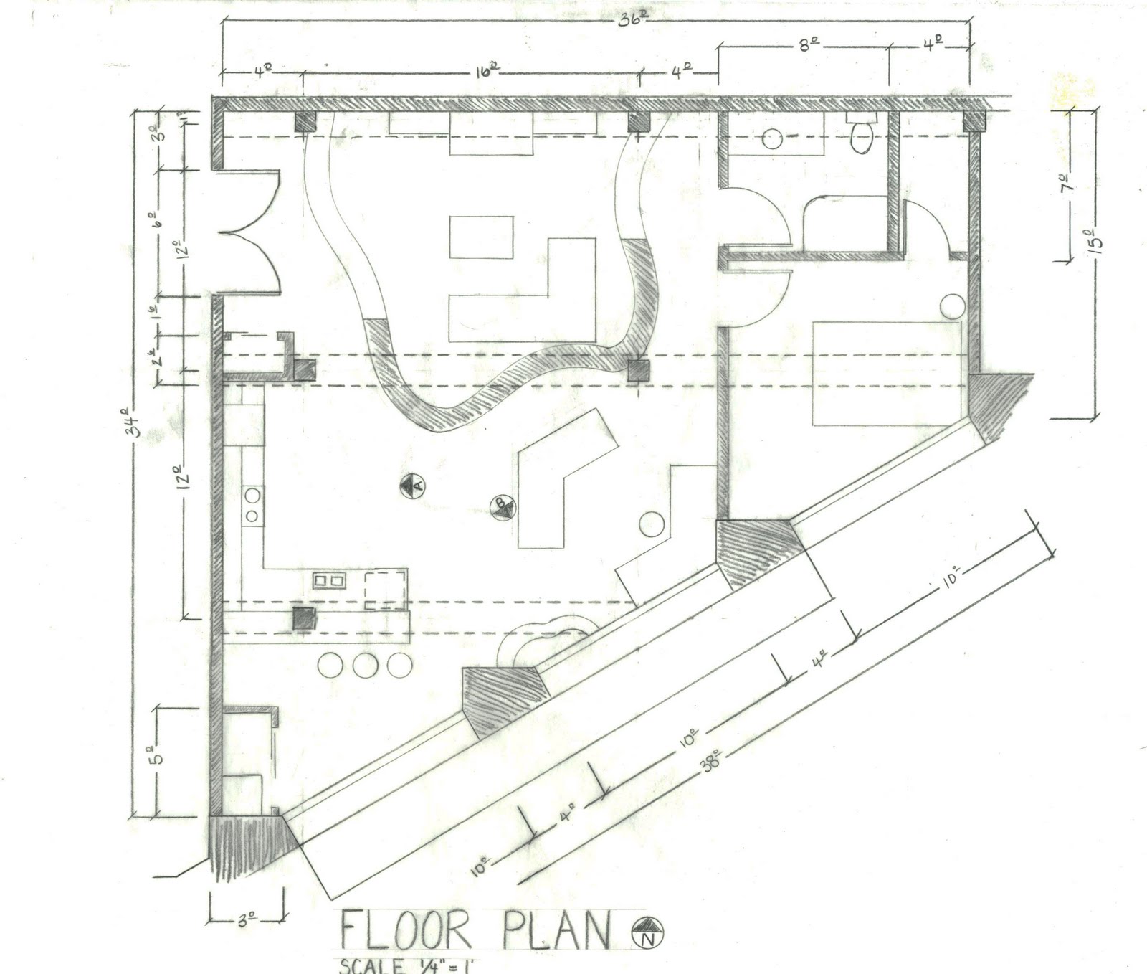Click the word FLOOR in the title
point(405,930)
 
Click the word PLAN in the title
point(552,930)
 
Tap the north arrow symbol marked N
point(648,932)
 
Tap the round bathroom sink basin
point(771,138)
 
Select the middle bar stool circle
point(365,665)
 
